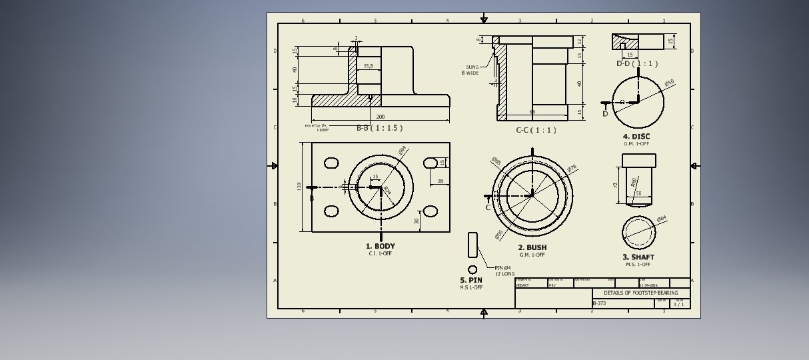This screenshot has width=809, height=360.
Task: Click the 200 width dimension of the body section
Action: [380, 117]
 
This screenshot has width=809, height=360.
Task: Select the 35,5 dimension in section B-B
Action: [368, 66]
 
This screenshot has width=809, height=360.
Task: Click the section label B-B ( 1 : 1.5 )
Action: [379, 128]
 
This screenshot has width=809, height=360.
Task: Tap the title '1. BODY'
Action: [381, 247]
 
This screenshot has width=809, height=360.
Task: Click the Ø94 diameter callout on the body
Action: [403, 151]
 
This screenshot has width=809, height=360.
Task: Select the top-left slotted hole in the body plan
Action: [331, 163]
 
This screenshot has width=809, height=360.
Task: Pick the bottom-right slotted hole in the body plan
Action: [430, 211]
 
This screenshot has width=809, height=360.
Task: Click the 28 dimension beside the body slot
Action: [440, 181]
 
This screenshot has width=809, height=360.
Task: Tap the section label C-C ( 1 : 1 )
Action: [536, 130]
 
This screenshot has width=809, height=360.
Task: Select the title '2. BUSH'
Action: [532, 248]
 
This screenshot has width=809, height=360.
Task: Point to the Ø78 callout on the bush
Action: [571, 169]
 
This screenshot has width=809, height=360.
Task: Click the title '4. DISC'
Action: [636, 137]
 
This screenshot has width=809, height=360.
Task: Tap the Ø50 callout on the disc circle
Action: [669, 83]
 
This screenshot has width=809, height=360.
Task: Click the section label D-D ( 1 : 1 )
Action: [637, 64]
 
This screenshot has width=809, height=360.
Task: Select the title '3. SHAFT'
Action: [638, 257]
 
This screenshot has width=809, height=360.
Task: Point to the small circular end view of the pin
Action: [472, 270]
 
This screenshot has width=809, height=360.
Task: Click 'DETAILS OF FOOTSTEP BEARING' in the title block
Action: [640, 293]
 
